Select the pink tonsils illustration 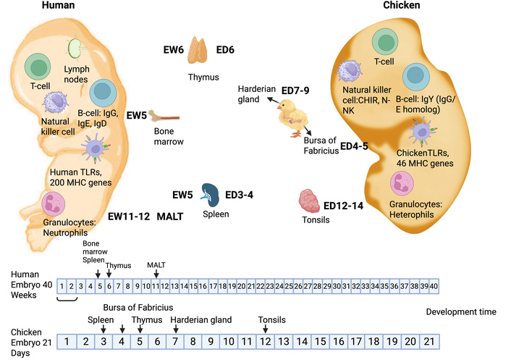click(313, 199)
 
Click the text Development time click(462, 311)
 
